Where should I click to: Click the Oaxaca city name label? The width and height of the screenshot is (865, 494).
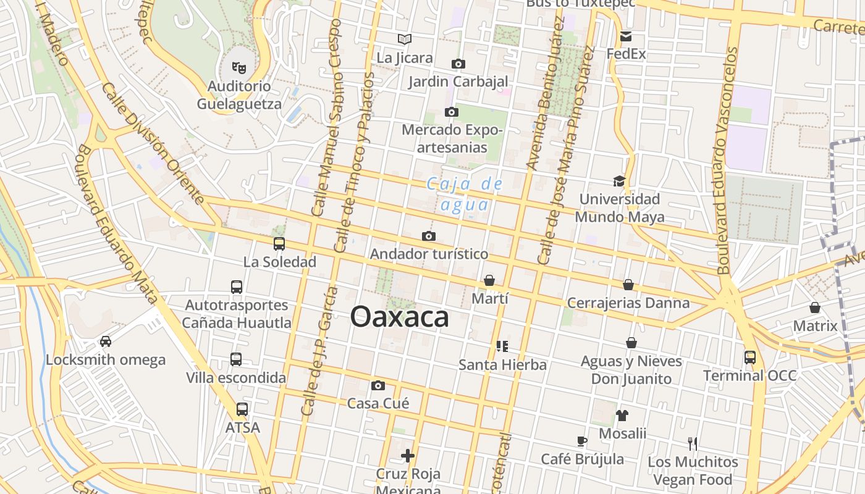point(399,317)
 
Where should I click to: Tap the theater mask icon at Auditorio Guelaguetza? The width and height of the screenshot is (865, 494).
point(239,67)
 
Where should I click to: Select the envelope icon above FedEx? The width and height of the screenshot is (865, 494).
point(626,36)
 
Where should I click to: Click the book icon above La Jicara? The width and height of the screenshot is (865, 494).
point(405,40)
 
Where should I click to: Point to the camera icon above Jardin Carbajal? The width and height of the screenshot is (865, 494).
point(458,64)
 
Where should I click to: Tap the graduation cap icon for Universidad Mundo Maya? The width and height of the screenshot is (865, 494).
point(619,181)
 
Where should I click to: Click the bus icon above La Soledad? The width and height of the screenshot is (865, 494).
point(279,244)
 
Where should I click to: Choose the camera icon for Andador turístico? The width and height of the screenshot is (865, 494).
point(428,236)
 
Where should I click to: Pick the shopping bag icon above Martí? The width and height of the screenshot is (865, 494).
point(489,280)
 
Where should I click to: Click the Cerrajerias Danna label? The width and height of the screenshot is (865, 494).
point(628,303)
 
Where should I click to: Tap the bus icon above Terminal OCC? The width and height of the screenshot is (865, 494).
point(750,357)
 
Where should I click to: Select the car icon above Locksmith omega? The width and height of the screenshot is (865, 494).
point(106,341)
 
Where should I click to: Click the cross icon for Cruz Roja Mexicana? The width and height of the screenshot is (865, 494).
point(408,456)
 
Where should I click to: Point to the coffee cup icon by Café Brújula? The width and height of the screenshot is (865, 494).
point(581,441)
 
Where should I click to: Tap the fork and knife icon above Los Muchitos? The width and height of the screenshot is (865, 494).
point(693,443)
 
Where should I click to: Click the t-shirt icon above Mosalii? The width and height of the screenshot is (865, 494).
point(622,416)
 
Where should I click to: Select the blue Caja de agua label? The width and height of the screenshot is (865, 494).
point(465,194)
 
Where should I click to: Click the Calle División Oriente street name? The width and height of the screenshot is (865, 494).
point(153,144)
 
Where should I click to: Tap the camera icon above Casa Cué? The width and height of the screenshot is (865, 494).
point(378,386)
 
